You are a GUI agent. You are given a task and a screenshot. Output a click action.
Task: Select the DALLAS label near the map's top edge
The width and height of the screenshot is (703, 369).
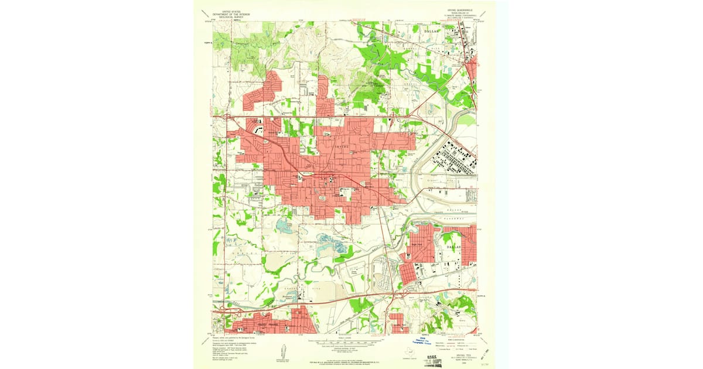click(431, 29)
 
